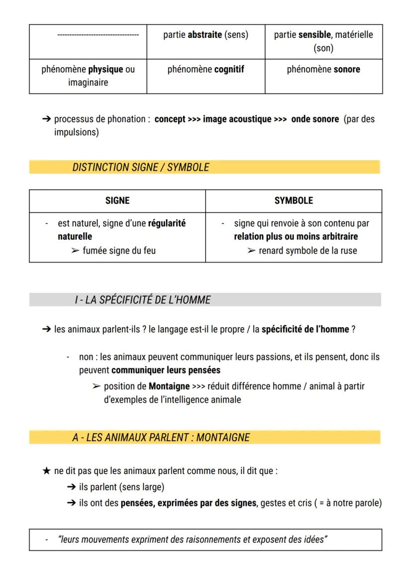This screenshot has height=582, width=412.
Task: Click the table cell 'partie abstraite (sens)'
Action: click(206, 35)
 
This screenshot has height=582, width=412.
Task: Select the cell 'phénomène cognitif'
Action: click(206, 70)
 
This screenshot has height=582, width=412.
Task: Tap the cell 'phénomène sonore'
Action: click(323, 70)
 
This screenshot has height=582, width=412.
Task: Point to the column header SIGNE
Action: click(117, 201)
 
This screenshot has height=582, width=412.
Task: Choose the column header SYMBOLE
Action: click(294, 201)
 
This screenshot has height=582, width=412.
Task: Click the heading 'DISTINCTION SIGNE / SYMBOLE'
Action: click(140, 168)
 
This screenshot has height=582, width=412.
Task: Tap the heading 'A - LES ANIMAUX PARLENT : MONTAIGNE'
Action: click(161, 438)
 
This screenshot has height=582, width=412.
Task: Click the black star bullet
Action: click(46, 471)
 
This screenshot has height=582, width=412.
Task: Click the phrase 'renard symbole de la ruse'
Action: click(308, 250)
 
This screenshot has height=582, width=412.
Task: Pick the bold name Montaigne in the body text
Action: click(169, 386)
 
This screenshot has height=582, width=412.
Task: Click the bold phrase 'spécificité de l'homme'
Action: click(305, 329)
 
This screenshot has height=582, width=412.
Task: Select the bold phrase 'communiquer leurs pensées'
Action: click(166, 370)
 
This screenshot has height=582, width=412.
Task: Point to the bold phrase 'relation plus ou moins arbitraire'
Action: click(296, 237)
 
